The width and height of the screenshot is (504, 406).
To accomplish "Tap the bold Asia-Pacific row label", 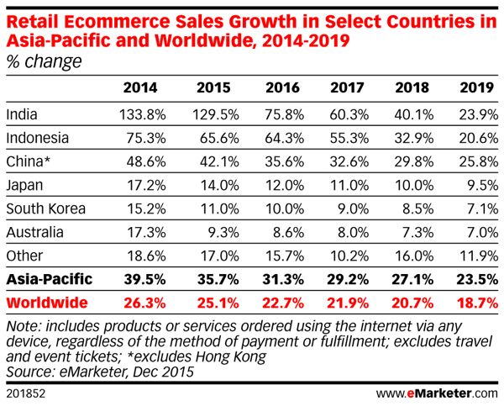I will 48,278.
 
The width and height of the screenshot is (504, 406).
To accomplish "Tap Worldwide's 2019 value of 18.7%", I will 478,301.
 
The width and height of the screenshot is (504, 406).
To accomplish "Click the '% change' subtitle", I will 44,61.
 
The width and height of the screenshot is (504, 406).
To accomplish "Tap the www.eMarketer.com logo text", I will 436,393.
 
